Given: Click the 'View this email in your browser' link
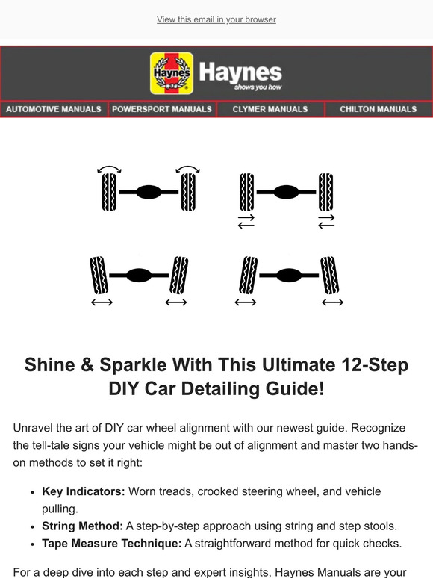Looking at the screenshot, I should click(216, 19).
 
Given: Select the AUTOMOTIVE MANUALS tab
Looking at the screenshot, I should click(54, 109).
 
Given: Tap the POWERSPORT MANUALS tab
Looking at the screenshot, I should click(162, 109).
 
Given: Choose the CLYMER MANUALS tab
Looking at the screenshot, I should click(270, 109).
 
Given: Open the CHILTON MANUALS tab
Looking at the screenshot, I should click(378, 109).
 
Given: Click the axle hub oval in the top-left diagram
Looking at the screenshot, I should click(149, 192).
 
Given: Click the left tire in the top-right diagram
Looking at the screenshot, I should click(246, 192).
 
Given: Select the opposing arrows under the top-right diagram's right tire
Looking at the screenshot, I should click(325, 220).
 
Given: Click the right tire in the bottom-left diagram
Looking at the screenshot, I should click(179, 275).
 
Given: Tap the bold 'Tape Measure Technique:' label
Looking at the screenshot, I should click(111, 543).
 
